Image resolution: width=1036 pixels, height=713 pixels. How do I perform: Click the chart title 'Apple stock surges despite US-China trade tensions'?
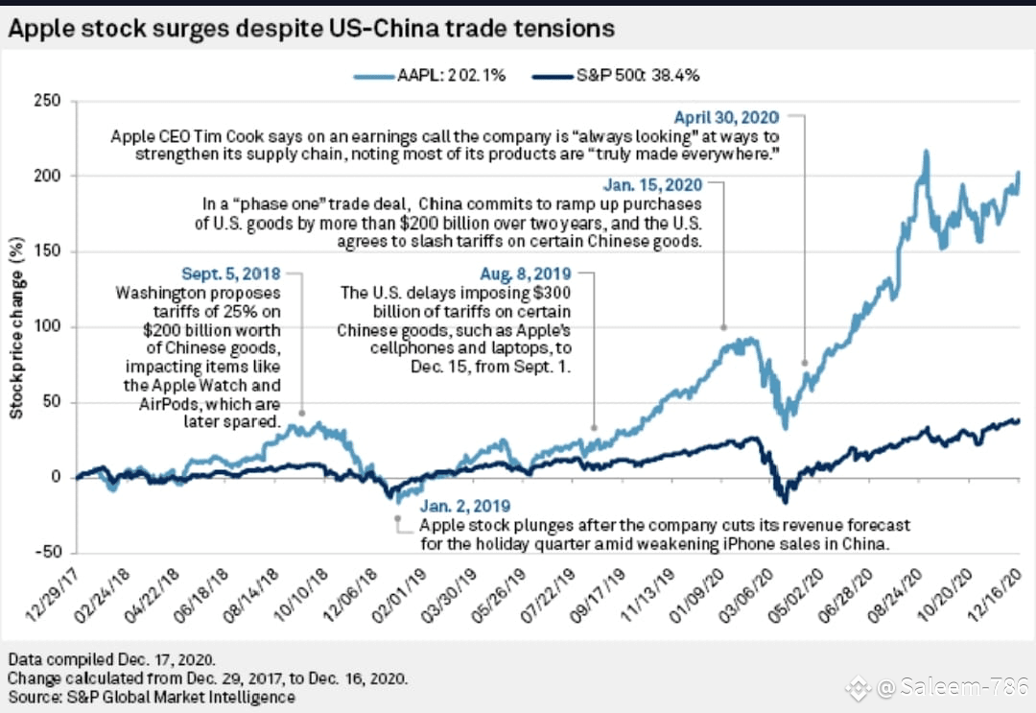311,29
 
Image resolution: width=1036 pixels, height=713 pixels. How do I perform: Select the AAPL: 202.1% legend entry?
430,76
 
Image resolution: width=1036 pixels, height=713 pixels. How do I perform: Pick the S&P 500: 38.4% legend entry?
616,76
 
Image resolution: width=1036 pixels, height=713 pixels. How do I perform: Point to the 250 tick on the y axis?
47,101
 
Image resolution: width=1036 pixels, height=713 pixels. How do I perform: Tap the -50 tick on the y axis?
47,552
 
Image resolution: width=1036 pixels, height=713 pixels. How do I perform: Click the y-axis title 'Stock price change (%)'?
16,328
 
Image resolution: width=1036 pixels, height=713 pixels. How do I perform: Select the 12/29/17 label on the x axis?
52,595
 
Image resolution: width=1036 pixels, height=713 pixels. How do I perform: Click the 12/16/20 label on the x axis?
994,595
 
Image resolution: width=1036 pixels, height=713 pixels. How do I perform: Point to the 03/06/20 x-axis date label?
745,595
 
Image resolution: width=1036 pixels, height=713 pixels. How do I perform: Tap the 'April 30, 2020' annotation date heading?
726,118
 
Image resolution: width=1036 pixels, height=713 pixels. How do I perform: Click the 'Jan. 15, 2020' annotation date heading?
652,185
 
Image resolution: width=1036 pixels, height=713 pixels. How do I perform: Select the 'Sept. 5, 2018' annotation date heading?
230,273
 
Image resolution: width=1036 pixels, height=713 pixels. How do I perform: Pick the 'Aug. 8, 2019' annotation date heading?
526,273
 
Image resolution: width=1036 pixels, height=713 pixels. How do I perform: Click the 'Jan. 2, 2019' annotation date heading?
465,506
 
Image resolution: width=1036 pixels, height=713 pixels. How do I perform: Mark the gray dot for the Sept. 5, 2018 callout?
302,413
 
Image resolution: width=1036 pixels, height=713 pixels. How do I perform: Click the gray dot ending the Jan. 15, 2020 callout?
723,327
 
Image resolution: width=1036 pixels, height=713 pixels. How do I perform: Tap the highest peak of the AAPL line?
926,152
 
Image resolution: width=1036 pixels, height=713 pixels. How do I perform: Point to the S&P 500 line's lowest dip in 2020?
785,502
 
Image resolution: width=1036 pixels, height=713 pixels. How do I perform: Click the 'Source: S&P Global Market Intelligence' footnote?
152,697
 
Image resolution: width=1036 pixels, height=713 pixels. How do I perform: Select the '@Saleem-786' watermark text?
952,687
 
